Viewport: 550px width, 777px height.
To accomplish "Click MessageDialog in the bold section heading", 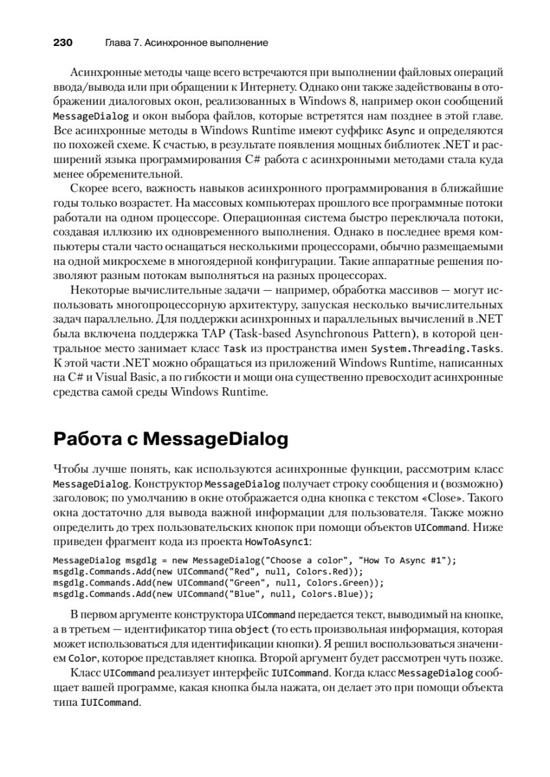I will (215, 440).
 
